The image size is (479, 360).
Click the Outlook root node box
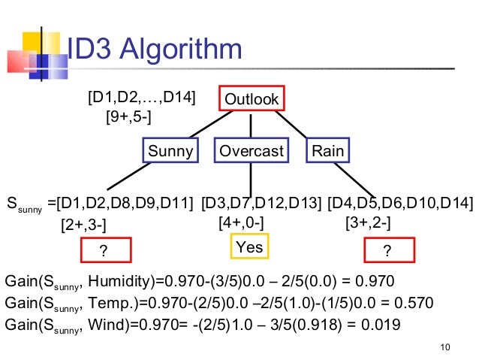[252, 99]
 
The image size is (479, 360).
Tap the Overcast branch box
[251, 151]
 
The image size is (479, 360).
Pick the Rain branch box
[327, 151]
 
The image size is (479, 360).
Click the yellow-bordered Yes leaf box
[249, 247]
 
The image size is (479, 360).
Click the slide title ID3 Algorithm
[155, 50]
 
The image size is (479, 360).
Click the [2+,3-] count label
[83, 225]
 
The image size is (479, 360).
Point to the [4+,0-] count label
[240, 223]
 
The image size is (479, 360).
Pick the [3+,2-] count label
[368, 223]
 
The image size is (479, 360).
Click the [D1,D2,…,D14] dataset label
[142, 98]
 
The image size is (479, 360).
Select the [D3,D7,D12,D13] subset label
[261, 203]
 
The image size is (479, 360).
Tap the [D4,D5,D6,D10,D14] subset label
[400, 203]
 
